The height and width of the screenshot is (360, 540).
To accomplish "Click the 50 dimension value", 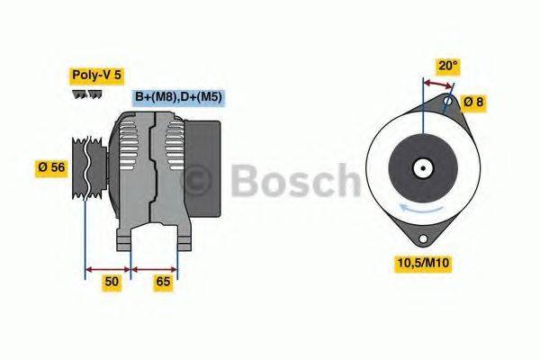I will pyautogui.click(x=112, y=282).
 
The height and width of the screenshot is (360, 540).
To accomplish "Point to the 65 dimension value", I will pyautogui.click(x=164, y=282).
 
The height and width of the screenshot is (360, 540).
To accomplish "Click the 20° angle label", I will pyautogui.click(x=447, y=65).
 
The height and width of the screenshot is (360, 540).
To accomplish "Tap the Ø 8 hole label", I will pyautogui.click(x=473, y=102).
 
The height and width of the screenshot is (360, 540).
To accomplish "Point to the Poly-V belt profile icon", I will pyautogui.click(x=87, y=94).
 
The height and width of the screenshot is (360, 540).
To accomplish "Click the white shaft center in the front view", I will pyautogui.click(x=421, y=167).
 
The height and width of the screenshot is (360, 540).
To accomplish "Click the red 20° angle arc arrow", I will pyautogui.click(x=437, y=85).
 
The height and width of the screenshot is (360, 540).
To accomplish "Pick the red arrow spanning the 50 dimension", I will pyautogui.click(x=107, y=267).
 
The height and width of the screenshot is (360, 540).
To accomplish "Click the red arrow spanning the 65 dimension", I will pyautogui.click(x=155, y=267).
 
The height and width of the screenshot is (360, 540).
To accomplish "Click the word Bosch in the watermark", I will pyautogui.click(x=297, y=182).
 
